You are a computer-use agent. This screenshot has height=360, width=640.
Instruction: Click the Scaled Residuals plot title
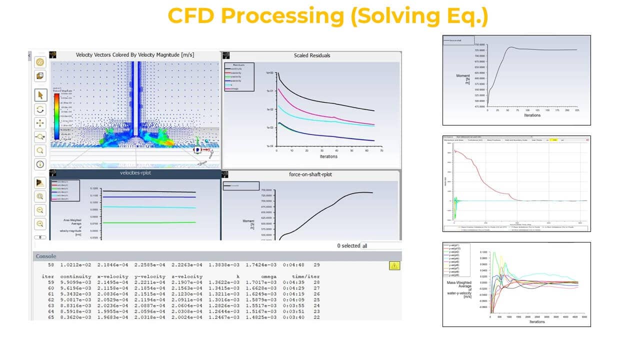[x=311, y=55]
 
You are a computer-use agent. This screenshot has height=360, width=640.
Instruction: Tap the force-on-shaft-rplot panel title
[x=310, y=174]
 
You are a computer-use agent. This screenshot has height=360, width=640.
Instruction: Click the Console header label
[x=45, y=256]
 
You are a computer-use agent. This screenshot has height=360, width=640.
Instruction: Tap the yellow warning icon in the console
[x=394, y=265]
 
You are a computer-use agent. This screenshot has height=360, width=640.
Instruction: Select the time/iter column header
[x=305, y=276]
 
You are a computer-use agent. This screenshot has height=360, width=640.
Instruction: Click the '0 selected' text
[x=347, y=246]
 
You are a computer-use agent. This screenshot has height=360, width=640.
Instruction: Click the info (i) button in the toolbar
[x=40, y=163]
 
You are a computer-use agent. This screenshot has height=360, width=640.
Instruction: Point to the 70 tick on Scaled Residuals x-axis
[x=381, y=150]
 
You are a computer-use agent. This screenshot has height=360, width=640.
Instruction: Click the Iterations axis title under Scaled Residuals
[x=328, y=156]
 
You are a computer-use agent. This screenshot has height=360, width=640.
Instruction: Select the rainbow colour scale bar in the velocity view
[x=57, y=115]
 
